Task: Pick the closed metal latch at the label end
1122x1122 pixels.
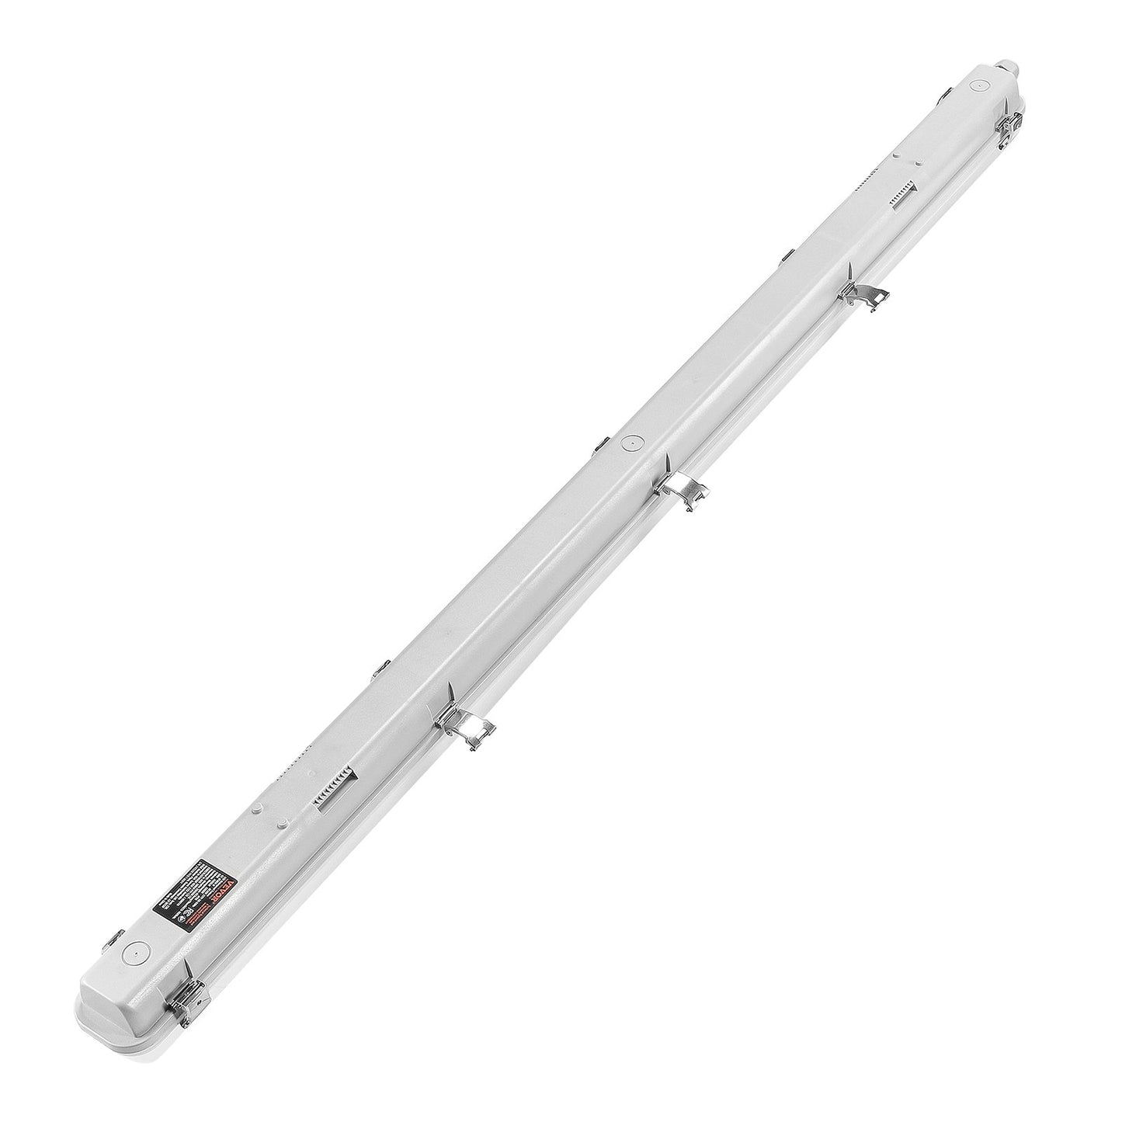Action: pos(186,1002)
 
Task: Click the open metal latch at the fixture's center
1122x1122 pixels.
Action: pos(680,489)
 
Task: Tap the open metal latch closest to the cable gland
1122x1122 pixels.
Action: pos(862,295)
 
